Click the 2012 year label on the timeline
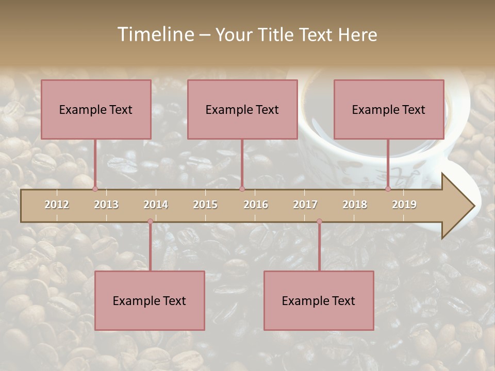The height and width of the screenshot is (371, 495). tap(57, 205)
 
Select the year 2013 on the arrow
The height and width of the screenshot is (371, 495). tap(106, 205)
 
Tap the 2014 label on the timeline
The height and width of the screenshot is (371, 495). tap(156, 205)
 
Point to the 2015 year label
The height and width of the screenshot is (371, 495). tap(205, 205)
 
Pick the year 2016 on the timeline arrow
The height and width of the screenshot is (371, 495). tap(256, 205)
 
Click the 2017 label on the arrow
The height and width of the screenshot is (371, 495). tap(305, 205)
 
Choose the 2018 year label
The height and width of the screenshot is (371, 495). tap(355, 205)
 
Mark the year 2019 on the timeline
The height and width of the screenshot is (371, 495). tap(404, 205)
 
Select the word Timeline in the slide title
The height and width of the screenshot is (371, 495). tap(155, 35)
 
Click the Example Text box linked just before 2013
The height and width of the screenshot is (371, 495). tap(96, 109)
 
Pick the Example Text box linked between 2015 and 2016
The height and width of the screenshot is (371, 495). tap(242, 109)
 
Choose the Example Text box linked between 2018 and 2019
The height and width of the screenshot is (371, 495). tap(389, 109)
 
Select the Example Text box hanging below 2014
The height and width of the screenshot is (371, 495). tap(150, 300)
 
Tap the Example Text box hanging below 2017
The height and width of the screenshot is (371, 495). tap(319, 300)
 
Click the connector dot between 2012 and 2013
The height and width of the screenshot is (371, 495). tap(95, 189)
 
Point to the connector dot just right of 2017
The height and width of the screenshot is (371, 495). tap(319, 222)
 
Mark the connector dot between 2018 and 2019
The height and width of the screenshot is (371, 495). tap(388, 189)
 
